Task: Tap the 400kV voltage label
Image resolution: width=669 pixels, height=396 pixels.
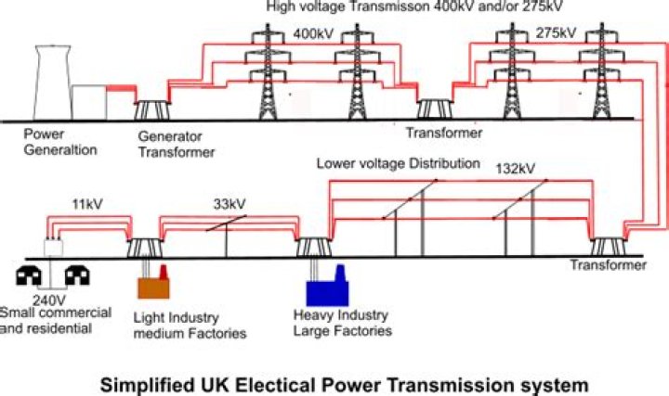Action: [x=312, y=33]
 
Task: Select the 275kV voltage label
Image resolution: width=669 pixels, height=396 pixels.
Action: [x=556, y=33]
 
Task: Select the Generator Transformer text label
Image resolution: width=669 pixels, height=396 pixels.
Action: [x=176, y=143]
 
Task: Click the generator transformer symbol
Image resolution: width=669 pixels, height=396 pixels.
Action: [x=150, y=110]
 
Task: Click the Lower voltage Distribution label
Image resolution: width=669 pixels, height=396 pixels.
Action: [x=398, y=163]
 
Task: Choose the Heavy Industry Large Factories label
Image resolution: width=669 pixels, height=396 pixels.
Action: [x=335, y=324]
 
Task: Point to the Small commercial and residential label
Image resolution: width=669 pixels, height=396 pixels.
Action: [x=57, y=320]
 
